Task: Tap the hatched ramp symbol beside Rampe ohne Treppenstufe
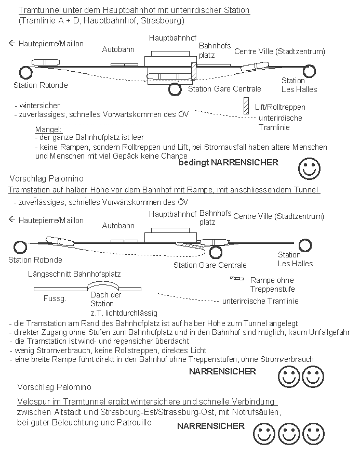tap(237, 279)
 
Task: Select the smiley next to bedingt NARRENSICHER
tap(309, 168)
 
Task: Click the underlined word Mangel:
tap(49, 129)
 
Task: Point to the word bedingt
tap(192, 163)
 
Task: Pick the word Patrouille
tap(134, 422)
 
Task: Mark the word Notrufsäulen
tap(258, 412)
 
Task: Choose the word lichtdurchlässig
tap(124, 313)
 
